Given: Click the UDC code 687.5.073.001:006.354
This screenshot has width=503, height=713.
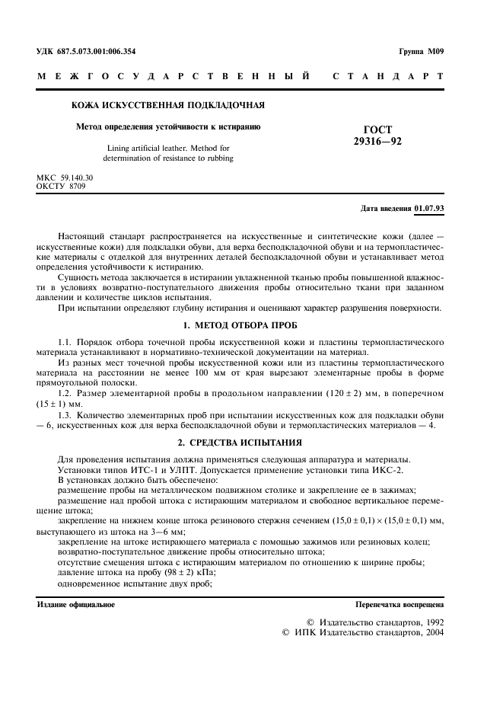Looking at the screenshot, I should click(x=97, y=51).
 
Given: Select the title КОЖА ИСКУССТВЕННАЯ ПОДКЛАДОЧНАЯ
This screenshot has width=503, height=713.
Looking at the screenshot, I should click(x=168, y=105).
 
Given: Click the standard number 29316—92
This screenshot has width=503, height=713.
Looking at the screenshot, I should click(x=377, y=142).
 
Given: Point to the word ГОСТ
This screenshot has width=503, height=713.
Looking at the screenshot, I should click(x=377, y=130).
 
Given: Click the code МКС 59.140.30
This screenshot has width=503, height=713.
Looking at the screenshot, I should click(x=65, y=177).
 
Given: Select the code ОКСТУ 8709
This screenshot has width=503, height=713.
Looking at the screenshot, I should click(x=61, y=185).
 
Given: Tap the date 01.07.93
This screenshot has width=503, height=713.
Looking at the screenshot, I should click(x=430, y=208).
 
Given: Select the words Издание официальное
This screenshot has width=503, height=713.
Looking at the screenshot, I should click(x=76, y=604).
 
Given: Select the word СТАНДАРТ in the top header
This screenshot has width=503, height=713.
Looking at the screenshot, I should click(x=388, y=76).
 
